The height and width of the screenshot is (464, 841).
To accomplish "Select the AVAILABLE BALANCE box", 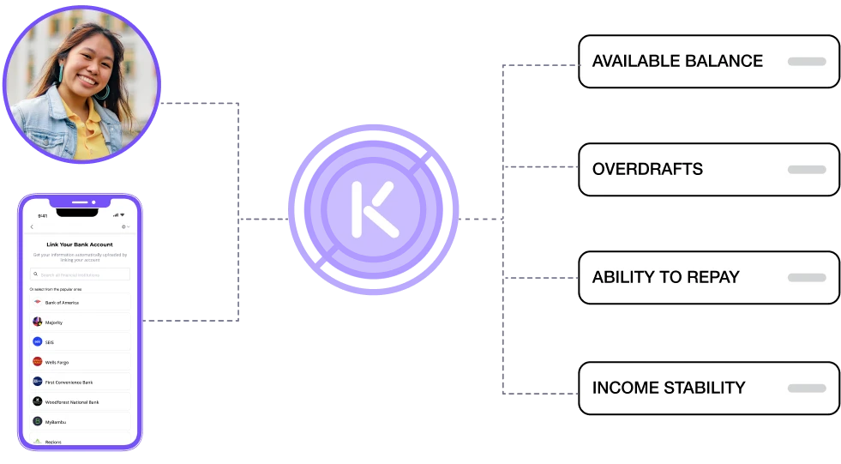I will click(708, 62).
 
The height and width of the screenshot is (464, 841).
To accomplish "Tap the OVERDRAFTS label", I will click(647, 169).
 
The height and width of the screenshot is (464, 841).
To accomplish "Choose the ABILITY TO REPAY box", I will click(708, 278).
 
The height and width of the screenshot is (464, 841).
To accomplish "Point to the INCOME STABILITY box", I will click(708, 388).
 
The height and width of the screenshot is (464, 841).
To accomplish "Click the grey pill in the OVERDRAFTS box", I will click(806, 170).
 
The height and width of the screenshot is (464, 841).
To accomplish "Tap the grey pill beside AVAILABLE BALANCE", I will click(806, 62).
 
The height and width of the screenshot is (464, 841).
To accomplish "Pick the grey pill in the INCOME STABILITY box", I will click(806, 388).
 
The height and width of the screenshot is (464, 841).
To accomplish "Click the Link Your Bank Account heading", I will click(80, 244).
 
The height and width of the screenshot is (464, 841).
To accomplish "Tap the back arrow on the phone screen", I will click(32, 226).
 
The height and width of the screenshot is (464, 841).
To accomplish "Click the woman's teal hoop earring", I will click(104, 89).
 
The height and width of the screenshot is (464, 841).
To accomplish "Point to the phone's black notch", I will click(80, 203).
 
